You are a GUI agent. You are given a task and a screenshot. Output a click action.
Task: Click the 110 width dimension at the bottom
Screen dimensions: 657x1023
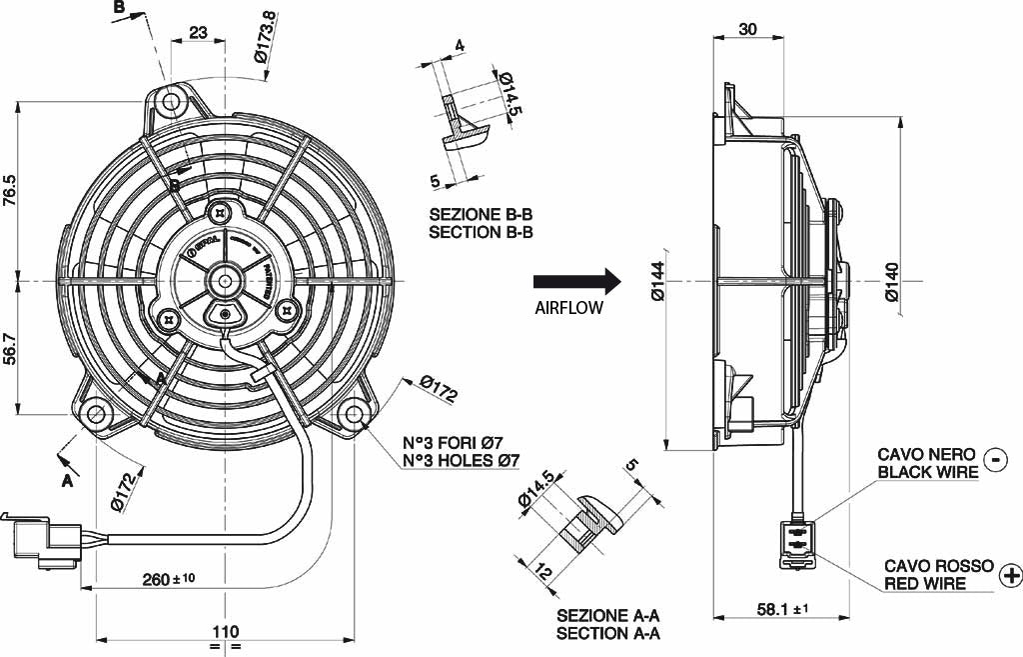[x=226, y=631]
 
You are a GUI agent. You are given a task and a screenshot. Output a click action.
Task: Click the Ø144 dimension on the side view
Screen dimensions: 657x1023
[x=656, y=281]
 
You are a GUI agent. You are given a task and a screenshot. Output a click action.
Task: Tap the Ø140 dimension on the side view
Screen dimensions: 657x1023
[x=893, y=281]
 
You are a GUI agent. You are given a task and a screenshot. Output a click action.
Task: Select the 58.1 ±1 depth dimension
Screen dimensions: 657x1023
[x=782, y=608]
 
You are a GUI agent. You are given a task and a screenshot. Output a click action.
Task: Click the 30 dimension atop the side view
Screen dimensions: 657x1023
[x=748, y=29]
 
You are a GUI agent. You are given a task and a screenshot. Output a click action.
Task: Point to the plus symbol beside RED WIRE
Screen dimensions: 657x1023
[x=1011, y=574]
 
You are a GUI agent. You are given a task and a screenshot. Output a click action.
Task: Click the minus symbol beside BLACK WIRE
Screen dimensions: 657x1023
[x=995, y=459]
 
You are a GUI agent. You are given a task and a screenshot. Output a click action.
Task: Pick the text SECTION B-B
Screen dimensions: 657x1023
[x=481, y=232]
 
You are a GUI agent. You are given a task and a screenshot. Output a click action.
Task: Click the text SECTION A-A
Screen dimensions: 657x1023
[x=608, y=633]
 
